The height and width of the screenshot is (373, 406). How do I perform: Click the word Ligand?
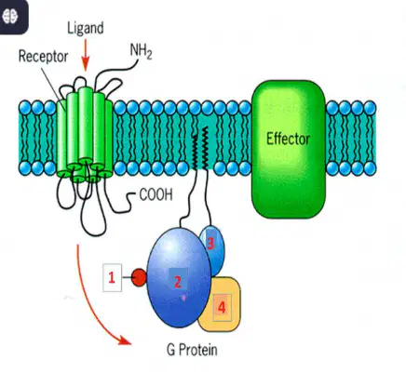pyautogui.click(x=86, y=29)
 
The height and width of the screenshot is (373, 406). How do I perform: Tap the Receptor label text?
pyautogui.click(x=43, y=57)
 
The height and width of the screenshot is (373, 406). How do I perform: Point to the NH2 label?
pyautogui.click(x=141, y=51)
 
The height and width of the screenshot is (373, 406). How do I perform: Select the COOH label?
pyautogui.click(x=156, y=195)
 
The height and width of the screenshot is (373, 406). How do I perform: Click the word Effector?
pyautogui.click(x=288, y=139)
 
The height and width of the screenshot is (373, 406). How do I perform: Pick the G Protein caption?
pyautogui.click(x=192, y=350)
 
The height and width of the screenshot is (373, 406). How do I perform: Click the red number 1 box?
pyautogui.click(x=112, y=278)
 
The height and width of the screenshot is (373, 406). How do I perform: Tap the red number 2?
pyautogui.click(x=178, y=282)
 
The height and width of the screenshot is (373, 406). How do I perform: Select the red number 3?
pyautogui.click(x=210, y=244)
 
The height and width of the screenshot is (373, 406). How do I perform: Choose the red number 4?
pyautogui.click(x=222, y=308)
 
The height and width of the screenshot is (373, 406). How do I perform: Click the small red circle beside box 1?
pyautogui.click(x=139, y=278)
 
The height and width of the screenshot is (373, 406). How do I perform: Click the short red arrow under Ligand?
pyautogui.click(x=86, y=58)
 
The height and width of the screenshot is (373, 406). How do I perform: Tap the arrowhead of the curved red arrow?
pyautogui.click(x=125, y=340)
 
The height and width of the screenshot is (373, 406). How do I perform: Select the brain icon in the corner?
pyautogui.click(x=10, y=16)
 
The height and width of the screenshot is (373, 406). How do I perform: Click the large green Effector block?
pyautogui.click(x=289, y=149)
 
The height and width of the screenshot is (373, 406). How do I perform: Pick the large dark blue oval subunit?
pyautogui.click(x=178, y=277)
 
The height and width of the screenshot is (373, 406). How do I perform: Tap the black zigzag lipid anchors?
pyautogui.click(x=200, y=149)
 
